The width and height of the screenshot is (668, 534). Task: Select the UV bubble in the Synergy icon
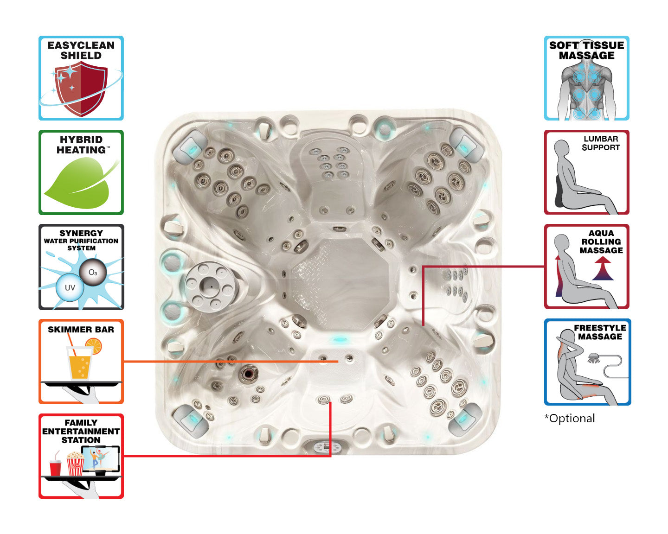tap(70, 287)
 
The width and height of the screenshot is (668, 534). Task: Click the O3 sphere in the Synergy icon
tap(93, 273)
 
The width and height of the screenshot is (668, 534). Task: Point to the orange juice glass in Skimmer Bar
tap(79, 364)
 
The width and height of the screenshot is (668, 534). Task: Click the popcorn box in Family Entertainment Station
tap(75, 464)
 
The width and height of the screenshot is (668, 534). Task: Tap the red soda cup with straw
tap(55, 467)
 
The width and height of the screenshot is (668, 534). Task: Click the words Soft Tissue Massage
tap(586, 51)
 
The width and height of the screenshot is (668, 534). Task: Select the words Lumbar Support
tap(601, 143)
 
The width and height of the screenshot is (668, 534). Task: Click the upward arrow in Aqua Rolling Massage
tap(603, 269)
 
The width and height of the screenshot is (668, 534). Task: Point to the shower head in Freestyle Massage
tap(593, 358)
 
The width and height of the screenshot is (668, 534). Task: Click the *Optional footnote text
tap(570, 419)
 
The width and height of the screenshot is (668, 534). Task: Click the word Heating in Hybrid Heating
tap(81, 150)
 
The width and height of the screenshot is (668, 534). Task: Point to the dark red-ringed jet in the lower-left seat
tap(249, 373)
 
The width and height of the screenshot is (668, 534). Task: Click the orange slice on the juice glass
tap(93, 346)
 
